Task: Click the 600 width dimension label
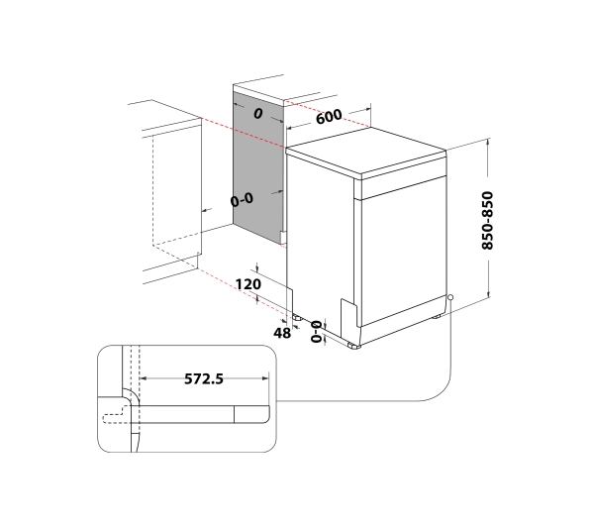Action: pos(330,116)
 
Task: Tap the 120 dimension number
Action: pos(248,284)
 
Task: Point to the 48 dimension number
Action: pos(282,333)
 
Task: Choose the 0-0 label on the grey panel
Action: pos(242,199)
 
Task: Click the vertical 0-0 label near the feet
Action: pos(317,332)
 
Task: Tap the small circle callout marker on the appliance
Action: pos(450,297)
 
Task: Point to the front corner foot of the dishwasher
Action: pos(355,347)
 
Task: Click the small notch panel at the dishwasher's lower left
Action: pos(346,314)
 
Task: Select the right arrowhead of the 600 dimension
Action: pos(370,107)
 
